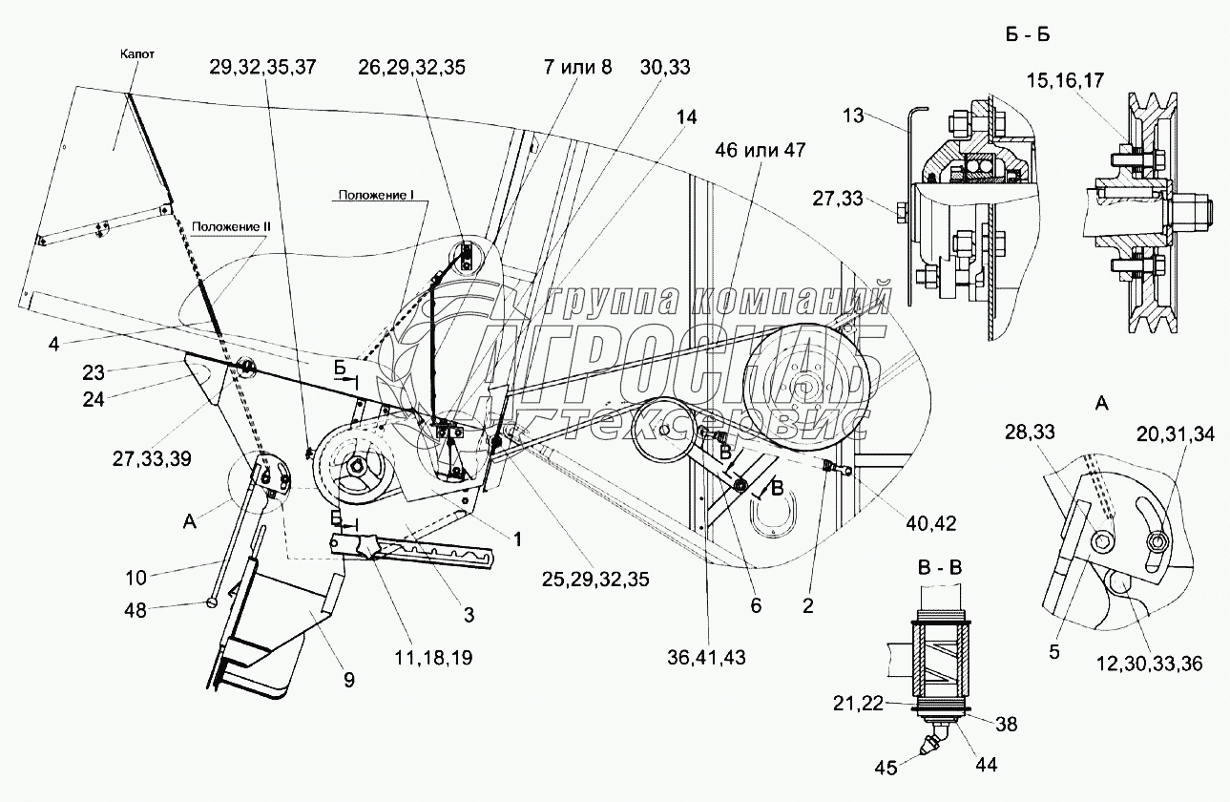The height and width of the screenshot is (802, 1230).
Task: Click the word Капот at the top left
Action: click(137, 53)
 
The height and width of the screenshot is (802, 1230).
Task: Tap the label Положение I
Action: click(376, 195)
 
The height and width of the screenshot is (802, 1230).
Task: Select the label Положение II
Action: click(231, 227)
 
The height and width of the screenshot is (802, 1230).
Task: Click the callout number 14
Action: click(687, 117)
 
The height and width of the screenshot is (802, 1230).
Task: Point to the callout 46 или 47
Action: click(761, 150)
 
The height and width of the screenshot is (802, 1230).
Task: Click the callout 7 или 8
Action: click(577, 67)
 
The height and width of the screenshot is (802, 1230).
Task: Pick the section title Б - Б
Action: click(1028, 34)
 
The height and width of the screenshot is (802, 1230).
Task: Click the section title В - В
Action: click(941, 567)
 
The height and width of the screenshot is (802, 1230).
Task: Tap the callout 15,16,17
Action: click(1065, 81)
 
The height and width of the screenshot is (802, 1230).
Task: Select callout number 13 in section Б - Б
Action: click(853, 116)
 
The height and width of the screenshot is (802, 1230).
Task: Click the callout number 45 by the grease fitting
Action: click(886, 768)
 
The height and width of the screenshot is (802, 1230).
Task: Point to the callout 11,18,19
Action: click(433, 658)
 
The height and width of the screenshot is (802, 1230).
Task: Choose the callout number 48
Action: click(136, 610)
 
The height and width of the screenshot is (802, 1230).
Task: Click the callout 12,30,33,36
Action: click(1149, 664)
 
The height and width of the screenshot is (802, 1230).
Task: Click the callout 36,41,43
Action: click(707, 658)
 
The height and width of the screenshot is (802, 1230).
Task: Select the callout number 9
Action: click(349, 680)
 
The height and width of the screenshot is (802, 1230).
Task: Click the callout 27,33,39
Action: click(152, 458)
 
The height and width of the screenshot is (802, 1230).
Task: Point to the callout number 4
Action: click(53, 345)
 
